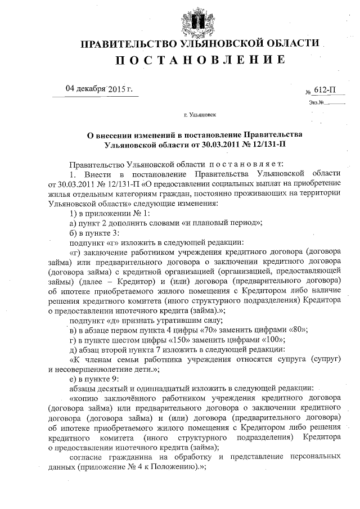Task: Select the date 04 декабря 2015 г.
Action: pos(98,89)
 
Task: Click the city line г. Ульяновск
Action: pos(199,115)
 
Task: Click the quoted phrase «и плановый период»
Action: pos(220,221)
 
